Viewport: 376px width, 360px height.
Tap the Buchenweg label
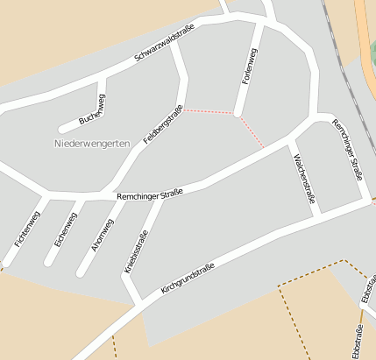coord(92,106)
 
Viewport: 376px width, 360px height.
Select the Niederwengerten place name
coord(92,142)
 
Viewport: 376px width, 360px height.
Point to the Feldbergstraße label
coord(163,124)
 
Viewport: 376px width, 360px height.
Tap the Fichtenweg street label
coord(27,228)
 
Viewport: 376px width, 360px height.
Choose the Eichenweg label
coord(66,229)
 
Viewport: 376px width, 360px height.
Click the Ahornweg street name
coord(103,230)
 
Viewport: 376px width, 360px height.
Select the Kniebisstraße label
coord(138,252)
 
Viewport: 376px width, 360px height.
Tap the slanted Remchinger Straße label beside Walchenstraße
coord(347,151)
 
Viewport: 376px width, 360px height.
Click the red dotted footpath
coord(210,112)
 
